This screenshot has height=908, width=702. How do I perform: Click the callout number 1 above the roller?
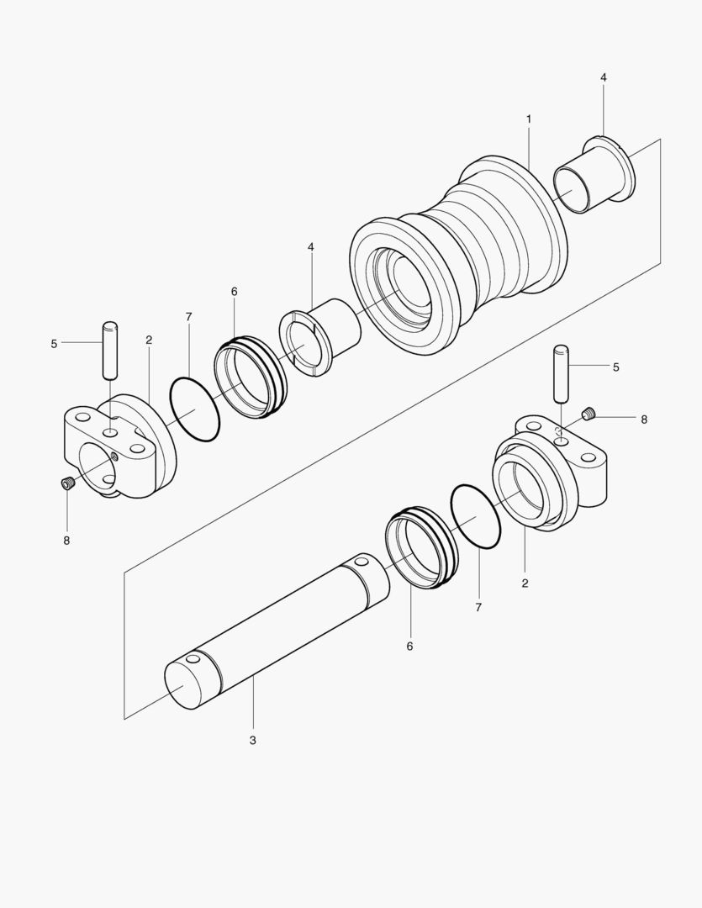pos(529,119)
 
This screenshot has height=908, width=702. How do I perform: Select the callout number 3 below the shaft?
pos(252,740)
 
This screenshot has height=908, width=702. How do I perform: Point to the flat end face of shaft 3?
pos(187,684)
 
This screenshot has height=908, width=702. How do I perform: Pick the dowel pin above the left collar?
pos(109,350)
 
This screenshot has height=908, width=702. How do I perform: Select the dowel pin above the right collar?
pos(562,372)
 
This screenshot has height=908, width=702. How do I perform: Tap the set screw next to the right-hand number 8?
pos(589,413)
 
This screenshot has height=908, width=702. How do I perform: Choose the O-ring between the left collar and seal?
pos(194,409)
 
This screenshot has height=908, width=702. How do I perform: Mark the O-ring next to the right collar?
pos(476,517)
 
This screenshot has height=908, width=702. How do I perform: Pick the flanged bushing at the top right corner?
pos(594,179)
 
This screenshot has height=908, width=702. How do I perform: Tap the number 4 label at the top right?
pos(604,77)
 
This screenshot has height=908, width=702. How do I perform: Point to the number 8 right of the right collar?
pos(644,419)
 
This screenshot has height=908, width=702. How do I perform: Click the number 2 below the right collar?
pos(525,583)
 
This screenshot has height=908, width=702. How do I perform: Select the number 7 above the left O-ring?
pos(188,317)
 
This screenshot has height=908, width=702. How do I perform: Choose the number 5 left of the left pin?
pos(54,343)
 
